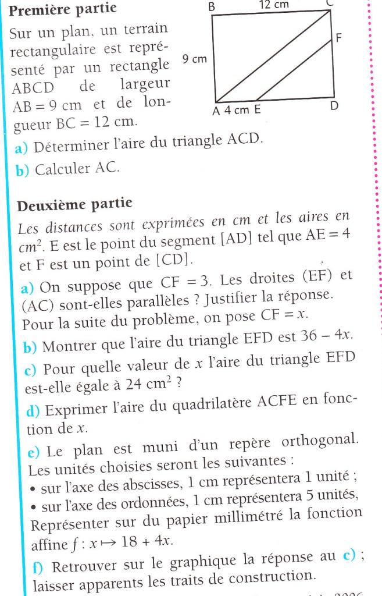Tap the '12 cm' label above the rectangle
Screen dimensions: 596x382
pyautogui.click(x=273, y=5)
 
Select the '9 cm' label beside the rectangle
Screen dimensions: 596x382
pyautogui.click(x=194, y=59)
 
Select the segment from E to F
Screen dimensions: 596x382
pyautogui.click(x=295, y=70)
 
